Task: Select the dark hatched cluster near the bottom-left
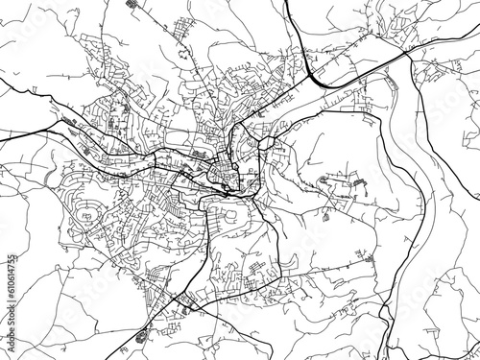(143, 336)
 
